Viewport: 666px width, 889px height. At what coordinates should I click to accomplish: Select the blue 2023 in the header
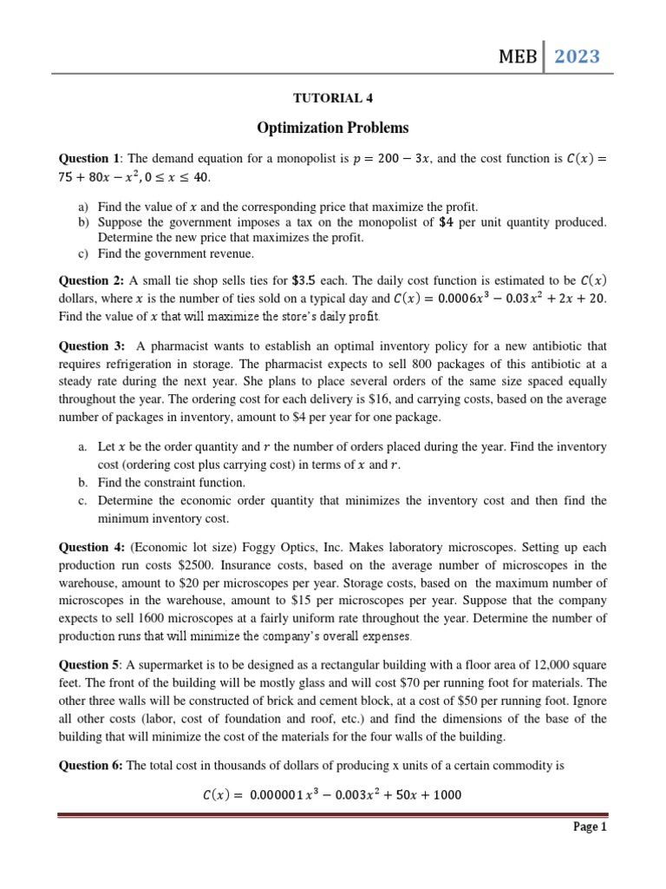pos(577,57)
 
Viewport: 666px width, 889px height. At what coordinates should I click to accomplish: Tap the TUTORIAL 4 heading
pos(332,98)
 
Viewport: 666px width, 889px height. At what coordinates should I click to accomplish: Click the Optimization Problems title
pos(332,128)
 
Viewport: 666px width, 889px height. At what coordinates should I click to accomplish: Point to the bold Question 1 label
pos(88,159)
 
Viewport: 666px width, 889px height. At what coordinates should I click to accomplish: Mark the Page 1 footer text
pos(591,827)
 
